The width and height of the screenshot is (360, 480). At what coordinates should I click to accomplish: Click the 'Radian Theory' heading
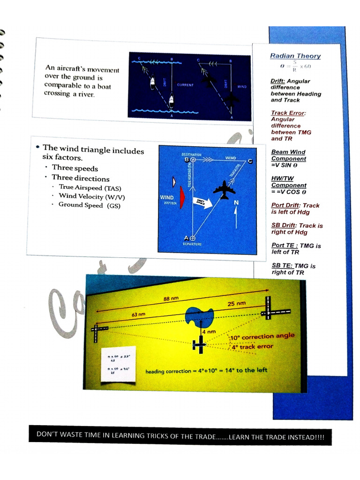pos(295,56)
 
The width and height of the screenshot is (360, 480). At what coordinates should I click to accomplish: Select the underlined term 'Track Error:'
pos(288,113)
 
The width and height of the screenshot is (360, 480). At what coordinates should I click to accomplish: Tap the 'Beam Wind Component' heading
pos(288,155)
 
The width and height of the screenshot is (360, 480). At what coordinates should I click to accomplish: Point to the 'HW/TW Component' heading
pos(288,182)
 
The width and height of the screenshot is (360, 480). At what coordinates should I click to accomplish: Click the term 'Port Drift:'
pos(286,205)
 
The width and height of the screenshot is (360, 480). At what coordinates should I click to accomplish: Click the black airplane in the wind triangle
pos(224,189)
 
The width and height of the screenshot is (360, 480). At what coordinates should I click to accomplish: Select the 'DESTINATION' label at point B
pos(191,154)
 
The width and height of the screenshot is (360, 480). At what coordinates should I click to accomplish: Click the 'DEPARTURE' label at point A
pos(189,244)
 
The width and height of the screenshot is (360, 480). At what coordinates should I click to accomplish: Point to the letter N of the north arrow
pos(236,202)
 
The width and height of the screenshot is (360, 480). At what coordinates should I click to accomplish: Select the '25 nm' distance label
pos(237,304)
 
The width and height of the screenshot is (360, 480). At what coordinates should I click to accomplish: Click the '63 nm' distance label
pos(138,314)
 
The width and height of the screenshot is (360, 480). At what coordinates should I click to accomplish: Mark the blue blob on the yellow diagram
pos(200,316)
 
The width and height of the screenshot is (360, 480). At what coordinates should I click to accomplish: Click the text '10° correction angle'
pos(262,337)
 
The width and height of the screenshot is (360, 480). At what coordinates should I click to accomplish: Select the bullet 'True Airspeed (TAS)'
pos(90,187)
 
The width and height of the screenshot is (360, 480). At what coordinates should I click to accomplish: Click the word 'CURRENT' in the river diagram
pos(185,85)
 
